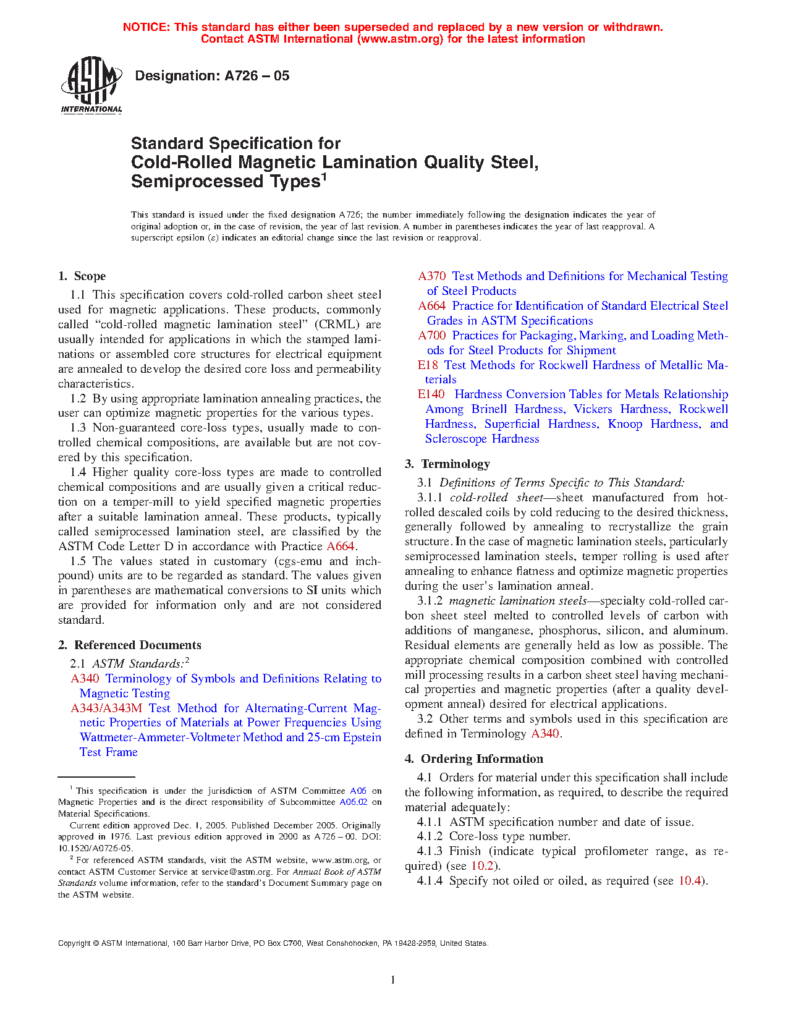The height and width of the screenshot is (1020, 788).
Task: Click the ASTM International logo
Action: click(91, 85)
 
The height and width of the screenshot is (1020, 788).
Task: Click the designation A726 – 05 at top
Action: click(212, 76)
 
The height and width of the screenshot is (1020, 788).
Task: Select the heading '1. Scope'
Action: click(82, 276)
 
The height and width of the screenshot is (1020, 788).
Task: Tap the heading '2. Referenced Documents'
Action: click(130, 645)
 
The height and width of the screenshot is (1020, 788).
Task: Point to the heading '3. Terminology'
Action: click(447, 464)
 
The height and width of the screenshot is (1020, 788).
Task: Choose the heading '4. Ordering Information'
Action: click(474, 759)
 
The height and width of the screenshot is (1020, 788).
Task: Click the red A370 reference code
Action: click(432, 276)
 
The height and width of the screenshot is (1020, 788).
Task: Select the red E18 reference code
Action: click(428, 365)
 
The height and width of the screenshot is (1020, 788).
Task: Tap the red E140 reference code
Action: click(431, 394)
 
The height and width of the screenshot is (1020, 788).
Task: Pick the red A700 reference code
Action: click(432, 336)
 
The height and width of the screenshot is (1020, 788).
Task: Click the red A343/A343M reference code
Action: click(106, 708)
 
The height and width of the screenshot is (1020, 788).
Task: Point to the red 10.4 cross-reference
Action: click(690, 881)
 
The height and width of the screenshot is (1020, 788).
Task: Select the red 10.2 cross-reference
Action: click(482, 866)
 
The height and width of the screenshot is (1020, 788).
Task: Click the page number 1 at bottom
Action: click(393, 980)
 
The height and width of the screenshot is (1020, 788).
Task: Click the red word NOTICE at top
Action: click(146, 27)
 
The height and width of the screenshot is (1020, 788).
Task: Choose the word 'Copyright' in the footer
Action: click(74, 943)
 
